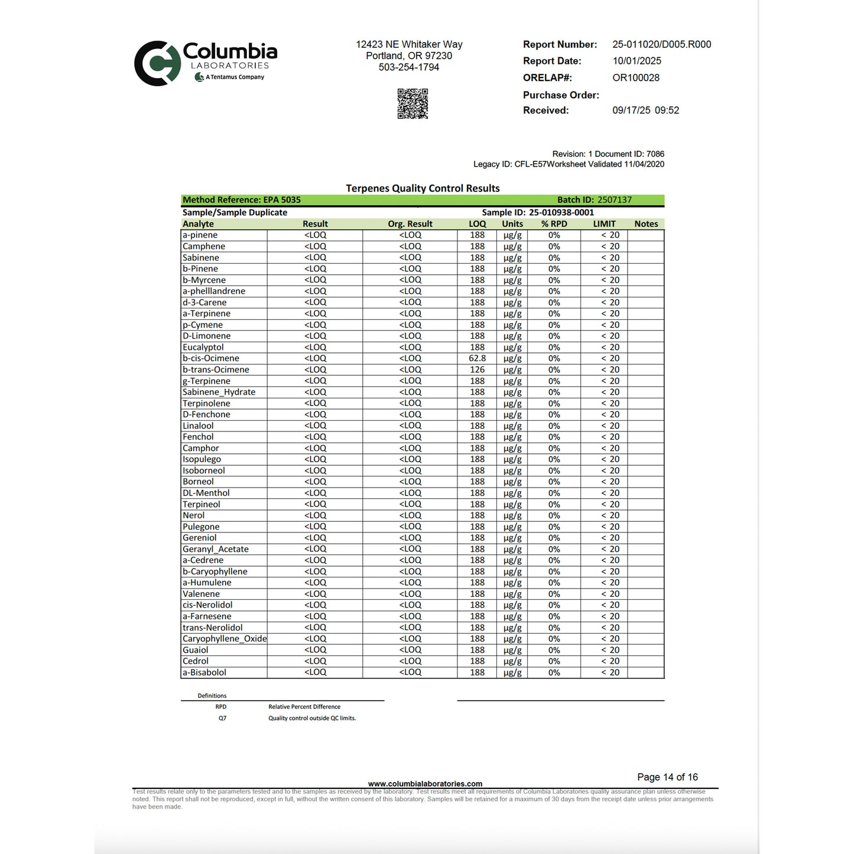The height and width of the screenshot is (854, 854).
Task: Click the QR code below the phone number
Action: click(x=413, y=104)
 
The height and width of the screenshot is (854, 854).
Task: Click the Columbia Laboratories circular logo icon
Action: click(x=157, y=63)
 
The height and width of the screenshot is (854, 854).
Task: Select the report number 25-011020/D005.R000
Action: click(x=661, y=44)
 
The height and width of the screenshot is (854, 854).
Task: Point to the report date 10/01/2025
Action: click(x=637, y=61)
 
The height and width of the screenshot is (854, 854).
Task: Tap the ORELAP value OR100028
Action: click(x=635, y=77)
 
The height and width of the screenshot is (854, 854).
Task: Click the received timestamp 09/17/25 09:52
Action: click(x=645, y=111)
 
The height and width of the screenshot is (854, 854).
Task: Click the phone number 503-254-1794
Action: click(x=409, y=67)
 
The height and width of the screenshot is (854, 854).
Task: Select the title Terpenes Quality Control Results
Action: click(x=423, y=188)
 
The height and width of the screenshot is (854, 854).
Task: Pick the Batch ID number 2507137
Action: click(x=614, y=200)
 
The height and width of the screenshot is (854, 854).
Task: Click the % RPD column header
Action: click(x=554, y=224)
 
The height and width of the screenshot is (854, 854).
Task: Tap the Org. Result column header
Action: click(x=410, y=224)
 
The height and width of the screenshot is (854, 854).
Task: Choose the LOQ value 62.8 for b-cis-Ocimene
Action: click(x=477, y=358)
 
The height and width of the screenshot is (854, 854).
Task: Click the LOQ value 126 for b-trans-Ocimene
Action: click(x=477, y=369)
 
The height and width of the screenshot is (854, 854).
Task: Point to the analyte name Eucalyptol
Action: click(x=203, y=347)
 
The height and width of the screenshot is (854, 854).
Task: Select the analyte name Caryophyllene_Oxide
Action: click(x=225, y=639)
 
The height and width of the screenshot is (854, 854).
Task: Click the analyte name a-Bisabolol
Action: click(x=204, y=673)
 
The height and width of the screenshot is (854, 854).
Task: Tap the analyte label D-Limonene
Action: click(x=206, y=336)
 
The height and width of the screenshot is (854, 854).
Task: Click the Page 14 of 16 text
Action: click(x=667, y=777)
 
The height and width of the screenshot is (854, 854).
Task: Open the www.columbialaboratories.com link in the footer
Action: click(x=425, y=784)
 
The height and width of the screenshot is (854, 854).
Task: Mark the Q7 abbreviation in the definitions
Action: click(x=222, y=718)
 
